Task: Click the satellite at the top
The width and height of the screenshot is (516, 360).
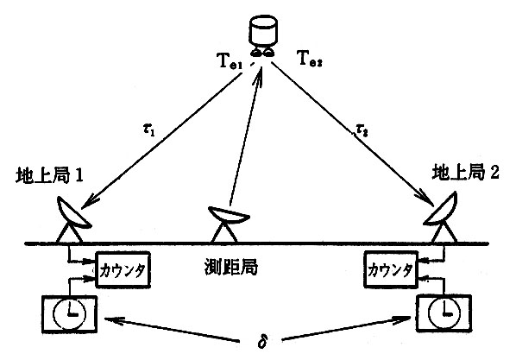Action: [x=262, y=36]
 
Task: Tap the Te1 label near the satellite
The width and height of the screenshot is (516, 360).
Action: [x=230, y=61]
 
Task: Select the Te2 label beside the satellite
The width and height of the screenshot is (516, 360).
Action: [x=310, y=59]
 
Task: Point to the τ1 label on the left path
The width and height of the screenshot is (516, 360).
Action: [x=148, y=130]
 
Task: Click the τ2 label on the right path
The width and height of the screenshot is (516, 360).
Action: [x=362, y=130]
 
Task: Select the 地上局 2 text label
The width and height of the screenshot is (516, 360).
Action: [x=465, y=172]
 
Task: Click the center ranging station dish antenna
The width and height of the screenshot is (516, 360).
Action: [x=228, y=223]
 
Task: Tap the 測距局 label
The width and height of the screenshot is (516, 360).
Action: [x=230, y=268]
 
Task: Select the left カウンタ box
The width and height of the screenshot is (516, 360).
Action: [x=123, y=269]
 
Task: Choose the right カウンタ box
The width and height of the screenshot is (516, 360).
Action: [x=390, y=269]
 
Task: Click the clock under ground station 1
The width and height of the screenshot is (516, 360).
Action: [x=69, y=314]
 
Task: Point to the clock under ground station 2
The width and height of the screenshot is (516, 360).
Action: [x=444, y=313]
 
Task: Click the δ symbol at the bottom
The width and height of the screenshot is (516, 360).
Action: [x=262, y=342]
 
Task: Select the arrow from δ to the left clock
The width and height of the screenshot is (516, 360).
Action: [x=171, y=329]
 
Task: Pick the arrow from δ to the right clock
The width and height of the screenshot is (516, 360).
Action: [x=346, y=328]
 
